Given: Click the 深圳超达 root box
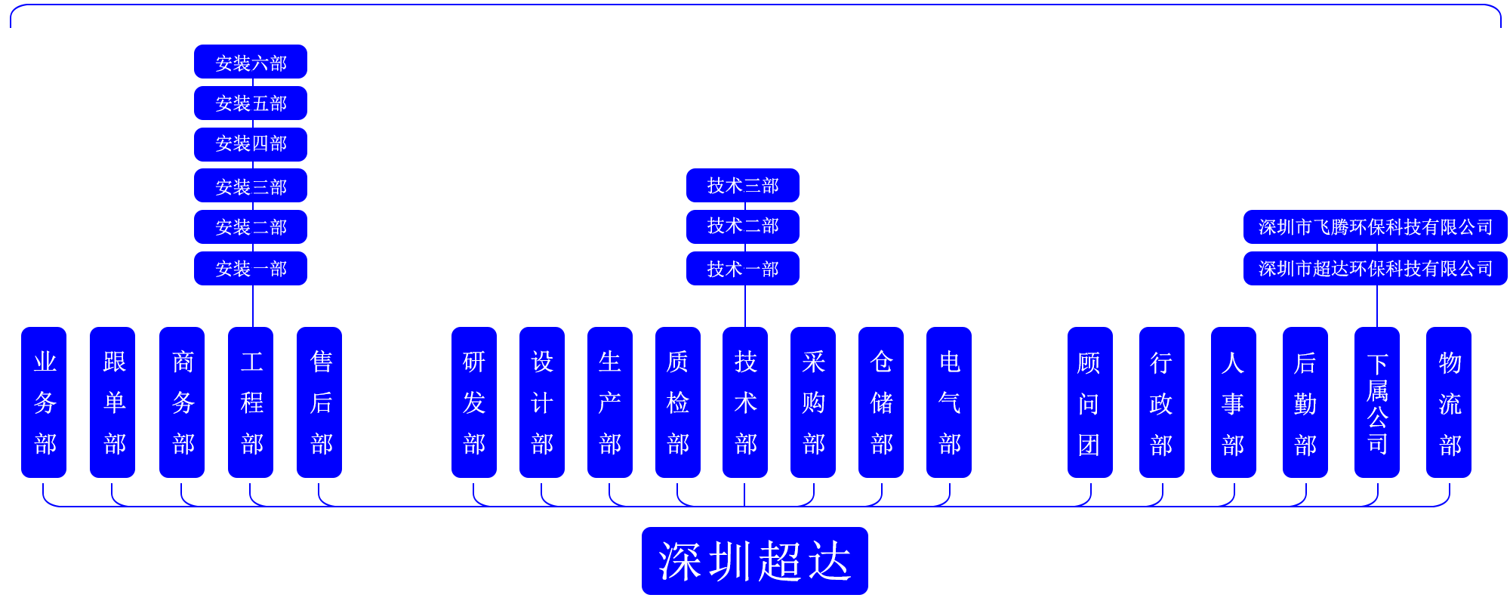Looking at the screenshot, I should click(x=754, y=561).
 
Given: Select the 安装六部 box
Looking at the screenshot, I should click(x=251, y=63).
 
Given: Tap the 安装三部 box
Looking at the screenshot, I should click(x=251, y=186).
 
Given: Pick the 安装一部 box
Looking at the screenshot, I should click(x=251, y=269).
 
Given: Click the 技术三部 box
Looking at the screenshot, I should click(x=742, y=186).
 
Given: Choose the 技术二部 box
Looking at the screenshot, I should click(x=742, y=226).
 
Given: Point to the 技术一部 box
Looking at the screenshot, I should click(x=742, y=269).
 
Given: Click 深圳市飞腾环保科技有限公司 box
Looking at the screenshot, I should click(x=1375, y=226).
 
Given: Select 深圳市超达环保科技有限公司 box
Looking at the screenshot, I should click(x=1375, y=269).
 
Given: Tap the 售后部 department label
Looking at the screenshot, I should click(x=321, y=402).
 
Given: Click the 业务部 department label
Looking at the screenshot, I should click(x=45, y=402).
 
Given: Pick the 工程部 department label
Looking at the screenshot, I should click(x=252, y=402).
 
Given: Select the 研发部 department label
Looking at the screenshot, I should click(x=474, y=402).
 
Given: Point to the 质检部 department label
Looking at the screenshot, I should click(x=678, y=402).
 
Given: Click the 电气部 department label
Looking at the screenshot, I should click(x=950, y=402).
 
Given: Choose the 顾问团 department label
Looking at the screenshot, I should click(x=1089, y=404).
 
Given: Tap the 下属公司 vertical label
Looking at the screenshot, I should click(x=1377, y=404).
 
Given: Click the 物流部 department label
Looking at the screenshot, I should click(x=1450, y=404).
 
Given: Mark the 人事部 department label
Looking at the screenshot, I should click(x=1233, y=404).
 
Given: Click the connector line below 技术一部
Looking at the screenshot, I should click(x=744, y=306).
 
